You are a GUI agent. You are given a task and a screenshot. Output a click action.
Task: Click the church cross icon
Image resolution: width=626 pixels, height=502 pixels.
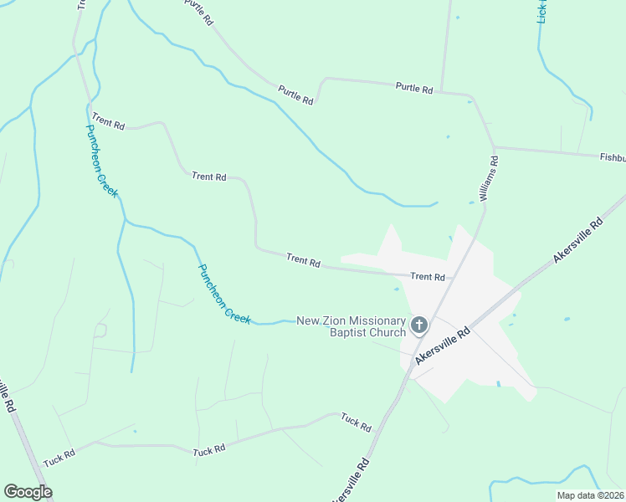pyautogui.click(x=419, y=325)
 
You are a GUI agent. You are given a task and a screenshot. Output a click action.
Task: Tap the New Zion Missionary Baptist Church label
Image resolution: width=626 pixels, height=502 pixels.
pyautogui.click(x=351, y=327)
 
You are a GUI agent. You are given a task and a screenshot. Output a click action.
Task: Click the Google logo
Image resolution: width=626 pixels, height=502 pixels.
pyautogui.click(x=28, y=492)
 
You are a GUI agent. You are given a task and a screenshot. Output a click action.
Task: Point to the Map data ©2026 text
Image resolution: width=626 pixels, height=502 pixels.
pyautogui.click(x=590, y=495)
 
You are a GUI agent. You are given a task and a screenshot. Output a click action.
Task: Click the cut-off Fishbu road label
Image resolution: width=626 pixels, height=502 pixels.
pyautogui.click(x=612, y=157)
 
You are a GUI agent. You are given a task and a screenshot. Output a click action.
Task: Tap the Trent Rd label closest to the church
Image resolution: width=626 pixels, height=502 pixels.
pyautogui.click(x=427, y=276)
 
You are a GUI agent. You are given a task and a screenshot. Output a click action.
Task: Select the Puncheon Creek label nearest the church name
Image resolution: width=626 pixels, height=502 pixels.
pyautogui.click(x=223, y=295)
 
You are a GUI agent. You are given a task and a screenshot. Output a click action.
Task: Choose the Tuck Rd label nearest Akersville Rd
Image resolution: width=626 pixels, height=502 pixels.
pyautogui.click(x=356, y=423)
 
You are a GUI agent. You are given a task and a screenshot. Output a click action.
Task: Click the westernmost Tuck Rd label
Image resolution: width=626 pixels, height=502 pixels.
pyautogui.click(x=59, y=458)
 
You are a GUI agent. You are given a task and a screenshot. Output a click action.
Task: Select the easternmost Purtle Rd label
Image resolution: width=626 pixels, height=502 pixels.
pyautogui.click(x=414, y=87)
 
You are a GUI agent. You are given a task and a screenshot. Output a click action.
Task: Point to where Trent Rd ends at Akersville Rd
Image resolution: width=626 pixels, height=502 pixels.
pyautogui.click(x=452, y=278)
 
